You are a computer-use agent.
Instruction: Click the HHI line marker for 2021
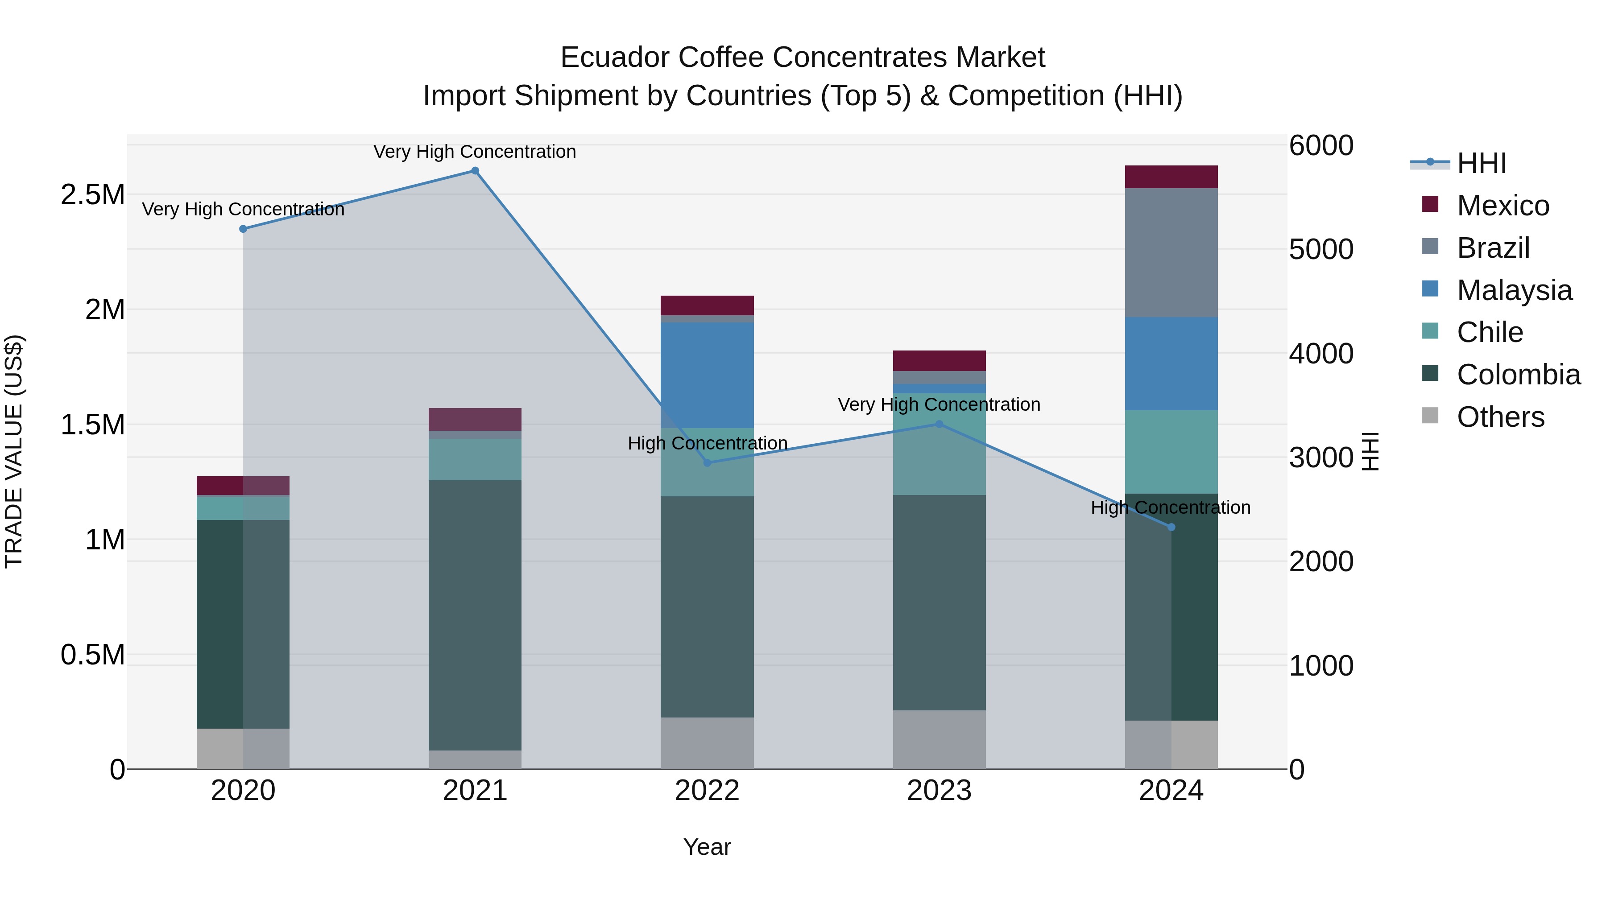[x=475, y=171]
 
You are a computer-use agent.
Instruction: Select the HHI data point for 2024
[x=1171, y=527]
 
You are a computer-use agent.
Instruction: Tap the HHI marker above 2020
[x=243, y=229]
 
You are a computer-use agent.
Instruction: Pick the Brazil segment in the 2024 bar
[x=1171, y=252]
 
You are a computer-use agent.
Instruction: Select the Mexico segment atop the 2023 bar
[x=939, y=361]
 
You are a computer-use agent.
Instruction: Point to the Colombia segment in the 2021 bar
[x=475, y=614]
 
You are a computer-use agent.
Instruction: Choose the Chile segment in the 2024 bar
[x=1171, y=452]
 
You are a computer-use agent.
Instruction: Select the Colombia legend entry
[x=1518, y=375]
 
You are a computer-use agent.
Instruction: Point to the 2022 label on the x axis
[x=707, y=791]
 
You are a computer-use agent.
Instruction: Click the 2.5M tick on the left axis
[x=93, y=195]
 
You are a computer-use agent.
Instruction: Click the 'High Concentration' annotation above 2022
[x=708, y=443]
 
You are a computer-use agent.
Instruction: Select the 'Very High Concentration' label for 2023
[x=939, y=404]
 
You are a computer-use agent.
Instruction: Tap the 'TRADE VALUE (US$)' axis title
[x=14, y=451]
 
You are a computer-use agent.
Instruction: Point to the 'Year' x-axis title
[x=707, y=847]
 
